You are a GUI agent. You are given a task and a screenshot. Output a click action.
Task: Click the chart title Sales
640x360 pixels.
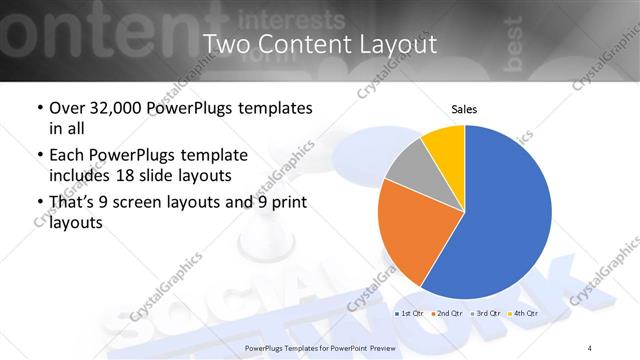pos(465,108)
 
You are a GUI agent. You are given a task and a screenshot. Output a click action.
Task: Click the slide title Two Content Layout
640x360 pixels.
pos(320,44)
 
